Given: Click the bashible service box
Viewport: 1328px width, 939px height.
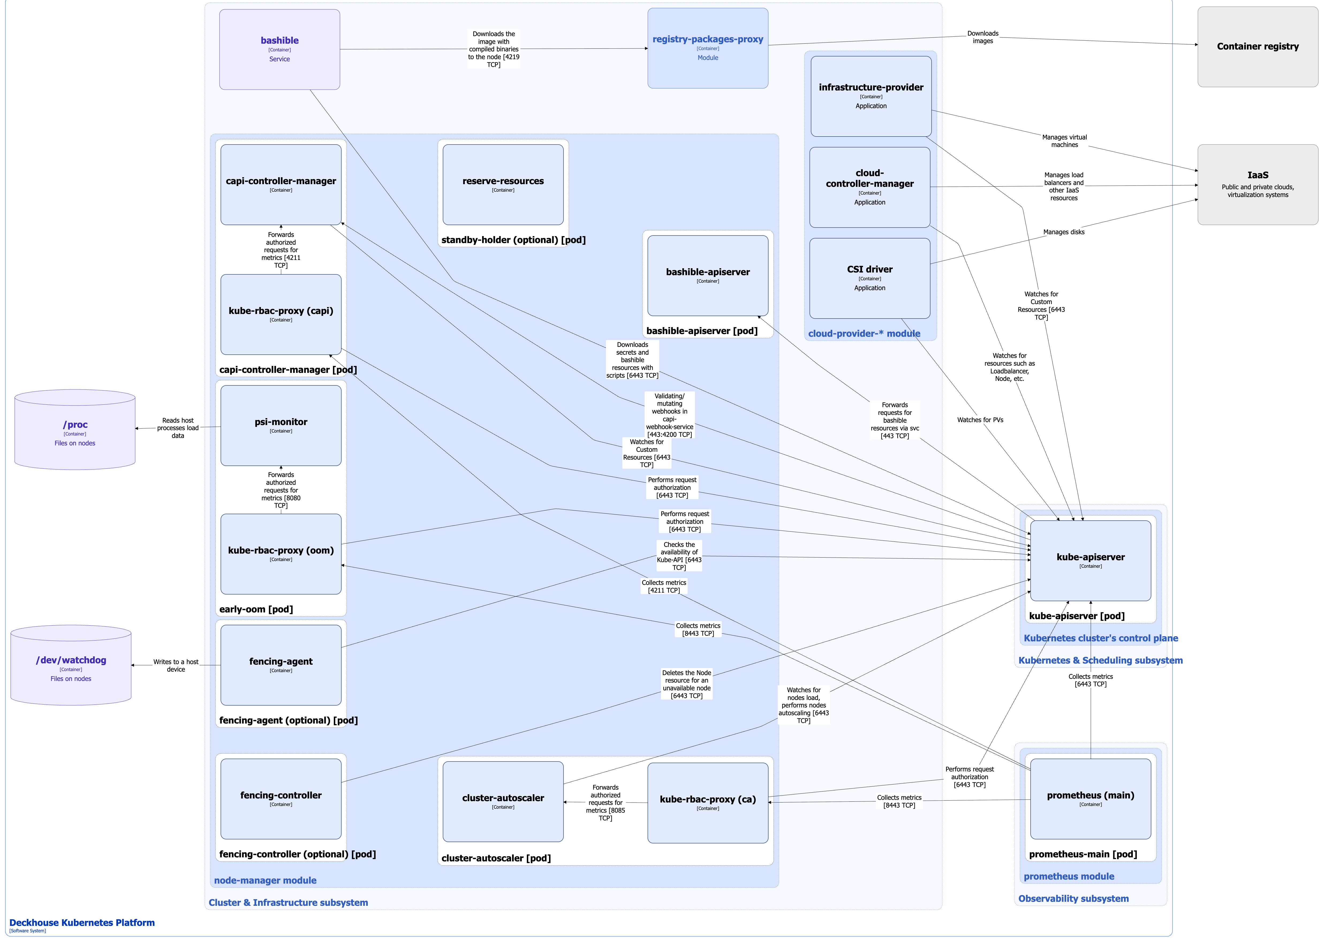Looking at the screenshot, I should point(279,49).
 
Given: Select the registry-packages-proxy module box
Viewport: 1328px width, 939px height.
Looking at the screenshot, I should point(707,48).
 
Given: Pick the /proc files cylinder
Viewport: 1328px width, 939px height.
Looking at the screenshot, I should point(75,431).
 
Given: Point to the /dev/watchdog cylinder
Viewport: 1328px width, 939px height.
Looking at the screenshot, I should point(71,667).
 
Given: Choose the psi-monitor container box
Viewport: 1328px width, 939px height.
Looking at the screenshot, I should point(281,426).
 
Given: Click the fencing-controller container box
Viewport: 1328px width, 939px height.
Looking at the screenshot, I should point(281,798).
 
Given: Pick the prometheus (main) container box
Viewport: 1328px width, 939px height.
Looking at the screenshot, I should point(1090,798).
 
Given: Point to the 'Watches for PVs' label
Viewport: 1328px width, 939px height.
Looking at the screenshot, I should point(980,420).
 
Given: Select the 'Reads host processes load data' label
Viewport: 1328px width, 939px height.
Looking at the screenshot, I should point(177,428).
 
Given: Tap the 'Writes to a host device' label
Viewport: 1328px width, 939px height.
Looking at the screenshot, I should point(176,665).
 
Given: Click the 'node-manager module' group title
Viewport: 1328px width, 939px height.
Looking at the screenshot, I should point(265,880).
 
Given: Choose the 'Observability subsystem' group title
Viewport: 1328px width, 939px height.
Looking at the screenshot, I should point(1073,899).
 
